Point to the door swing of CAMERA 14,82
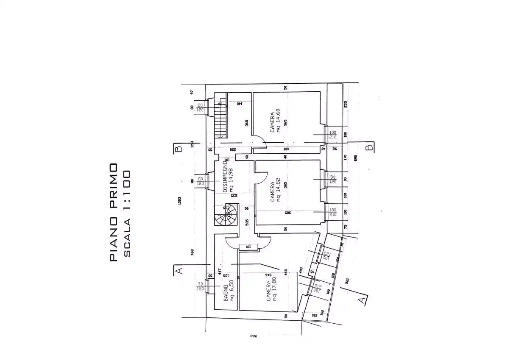(261, 178)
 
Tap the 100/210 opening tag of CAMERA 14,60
(333, 135)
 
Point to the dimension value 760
(192, 252)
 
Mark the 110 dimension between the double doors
(248, 246)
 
